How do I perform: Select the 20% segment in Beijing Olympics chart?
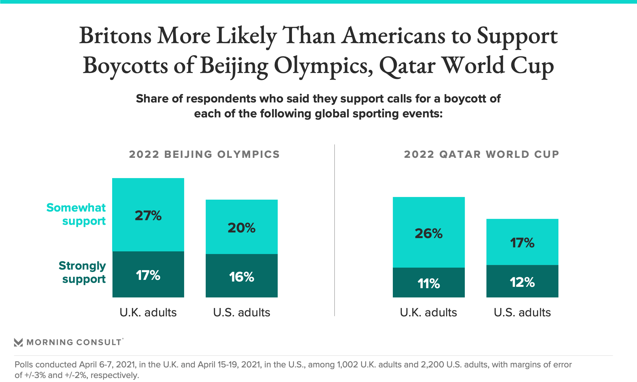coord(242,227)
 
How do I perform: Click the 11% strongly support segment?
coord(429,283)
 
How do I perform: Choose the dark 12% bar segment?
coord(522,282)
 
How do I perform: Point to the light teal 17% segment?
coord(522,242)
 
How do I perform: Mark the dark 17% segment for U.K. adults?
coord(148,275)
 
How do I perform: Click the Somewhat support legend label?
coord(76,214)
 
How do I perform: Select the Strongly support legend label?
coord(82,272)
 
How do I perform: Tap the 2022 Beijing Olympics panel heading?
coord(204,154)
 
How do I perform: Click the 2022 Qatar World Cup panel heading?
coord(481,154)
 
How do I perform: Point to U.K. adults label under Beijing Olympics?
coord(148,312)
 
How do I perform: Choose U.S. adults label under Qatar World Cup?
coord(522,312)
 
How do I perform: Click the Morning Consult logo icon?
coord(18,342)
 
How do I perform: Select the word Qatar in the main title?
coord(407,66)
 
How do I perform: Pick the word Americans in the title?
coord(393,36)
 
